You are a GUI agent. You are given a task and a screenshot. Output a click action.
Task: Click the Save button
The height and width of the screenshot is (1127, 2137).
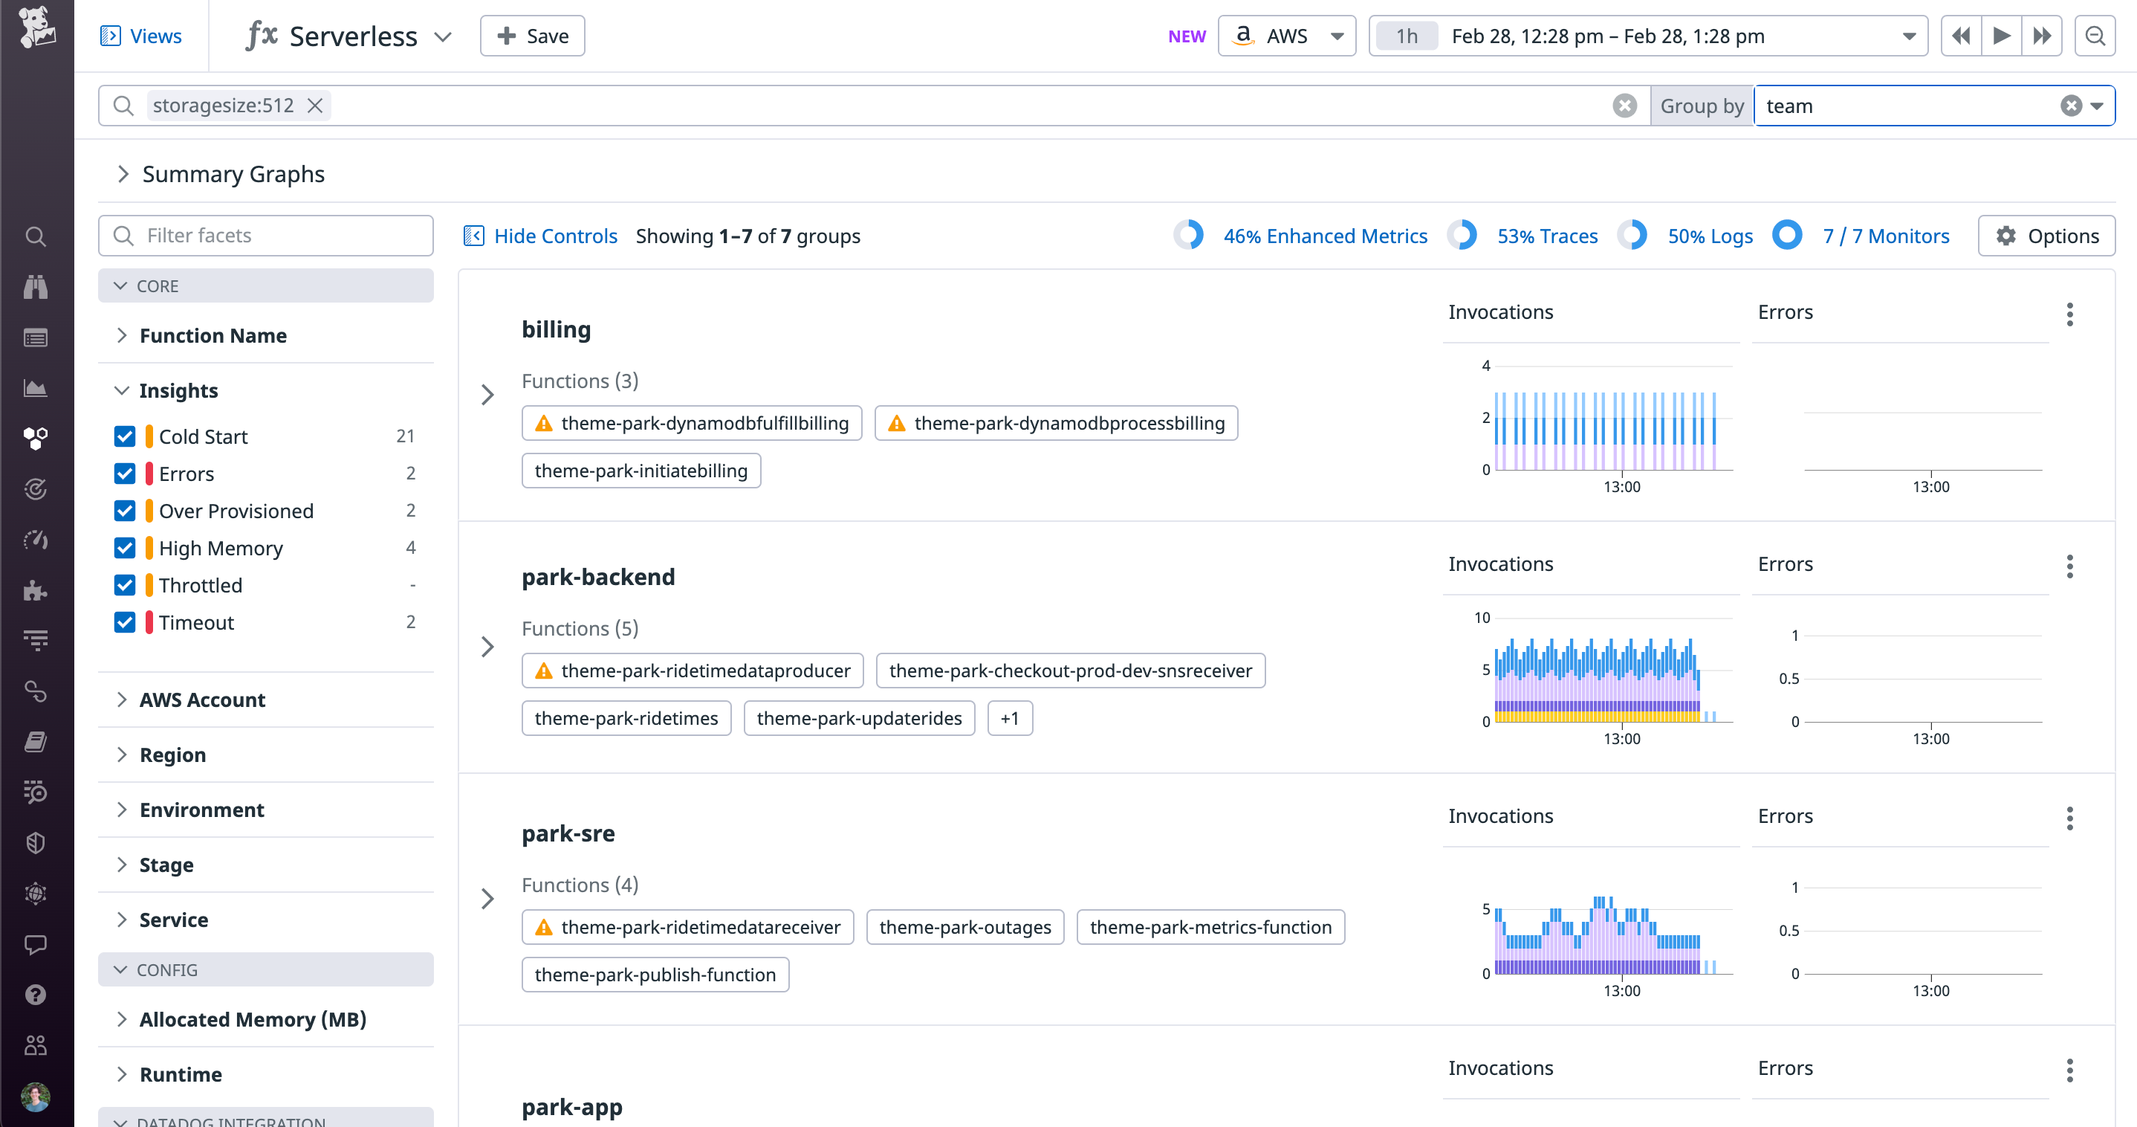[x=532, y=36]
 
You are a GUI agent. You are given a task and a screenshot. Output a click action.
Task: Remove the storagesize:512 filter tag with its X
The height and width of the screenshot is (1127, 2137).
[x=315, y=106]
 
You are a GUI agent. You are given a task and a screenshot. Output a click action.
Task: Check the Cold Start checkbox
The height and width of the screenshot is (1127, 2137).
[x=124, y=436]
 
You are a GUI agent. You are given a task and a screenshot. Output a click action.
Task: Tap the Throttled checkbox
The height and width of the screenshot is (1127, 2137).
[x=124, y=585]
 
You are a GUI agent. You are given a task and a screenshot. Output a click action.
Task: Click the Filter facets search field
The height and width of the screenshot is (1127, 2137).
[x=265, y=236]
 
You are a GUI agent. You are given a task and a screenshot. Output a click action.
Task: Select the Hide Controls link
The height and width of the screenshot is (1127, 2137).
[x=555, y=236]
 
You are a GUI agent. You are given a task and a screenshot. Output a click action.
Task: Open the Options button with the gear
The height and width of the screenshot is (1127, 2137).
[x=2046, y=236]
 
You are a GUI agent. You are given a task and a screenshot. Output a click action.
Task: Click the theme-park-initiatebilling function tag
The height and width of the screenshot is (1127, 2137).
[x=641, y=471]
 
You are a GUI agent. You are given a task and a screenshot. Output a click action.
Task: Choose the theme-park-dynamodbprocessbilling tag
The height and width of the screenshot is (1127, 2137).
[x=1055, y=423]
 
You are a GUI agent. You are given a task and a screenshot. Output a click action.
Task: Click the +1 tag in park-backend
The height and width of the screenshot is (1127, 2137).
[x=1009, y=718]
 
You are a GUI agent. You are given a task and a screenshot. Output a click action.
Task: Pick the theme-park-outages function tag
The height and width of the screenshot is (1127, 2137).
[x=964, y=927]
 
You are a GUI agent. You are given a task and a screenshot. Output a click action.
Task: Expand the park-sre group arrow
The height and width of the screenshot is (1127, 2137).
[x=487, y=899]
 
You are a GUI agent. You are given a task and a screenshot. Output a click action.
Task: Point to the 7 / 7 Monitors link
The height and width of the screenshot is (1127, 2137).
[x=1885, y=236]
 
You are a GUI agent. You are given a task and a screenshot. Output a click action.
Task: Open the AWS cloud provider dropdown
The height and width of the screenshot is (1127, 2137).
[x=1286, y=36]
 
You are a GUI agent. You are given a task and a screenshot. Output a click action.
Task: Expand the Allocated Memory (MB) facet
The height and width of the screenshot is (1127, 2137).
[x=252, y=1019]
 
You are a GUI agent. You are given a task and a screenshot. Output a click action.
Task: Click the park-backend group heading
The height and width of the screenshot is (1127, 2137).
[x=598, y=577]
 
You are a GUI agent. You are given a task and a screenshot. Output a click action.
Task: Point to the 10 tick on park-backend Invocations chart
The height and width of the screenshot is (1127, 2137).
[x=1482, y=618]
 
